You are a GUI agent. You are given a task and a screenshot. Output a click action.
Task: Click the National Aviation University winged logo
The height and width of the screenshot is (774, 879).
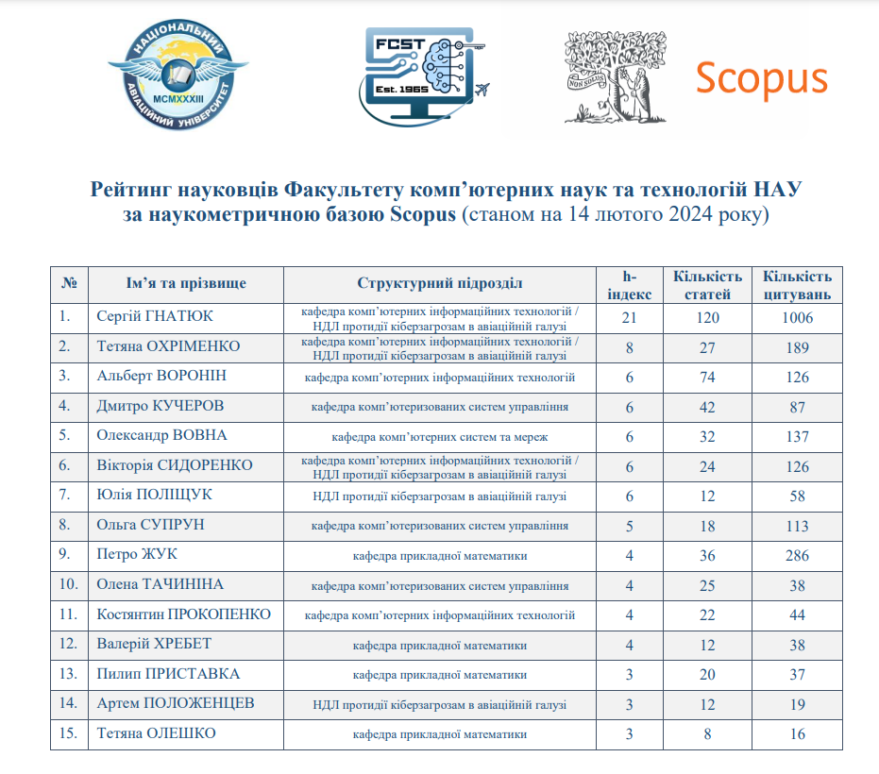[x=177, y=75]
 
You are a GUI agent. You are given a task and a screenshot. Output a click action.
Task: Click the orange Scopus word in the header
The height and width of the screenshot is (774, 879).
[x=761, y=78]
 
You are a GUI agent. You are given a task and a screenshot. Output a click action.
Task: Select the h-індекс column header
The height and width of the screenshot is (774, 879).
[x=622, y=285]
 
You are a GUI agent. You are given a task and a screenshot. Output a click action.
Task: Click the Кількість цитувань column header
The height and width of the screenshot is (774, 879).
[x=797, y=285]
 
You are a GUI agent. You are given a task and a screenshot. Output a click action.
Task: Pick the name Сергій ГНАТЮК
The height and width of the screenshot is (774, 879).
[x=154, y=317]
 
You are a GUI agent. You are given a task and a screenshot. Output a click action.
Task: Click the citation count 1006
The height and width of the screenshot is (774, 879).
[x=797, y=318]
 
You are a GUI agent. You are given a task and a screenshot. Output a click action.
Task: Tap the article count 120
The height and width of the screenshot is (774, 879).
[x=707, y=318]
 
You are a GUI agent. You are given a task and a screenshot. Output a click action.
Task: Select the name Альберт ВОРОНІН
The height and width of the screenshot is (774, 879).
[x=161, y=377]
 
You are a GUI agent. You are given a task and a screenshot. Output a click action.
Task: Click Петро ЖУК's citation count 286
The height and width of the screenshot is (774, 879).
[x=797, y=555]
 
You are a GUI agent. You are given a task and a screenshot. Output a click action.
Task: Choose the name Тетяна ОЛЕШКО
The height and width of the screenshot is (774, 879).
[x=157, y=733]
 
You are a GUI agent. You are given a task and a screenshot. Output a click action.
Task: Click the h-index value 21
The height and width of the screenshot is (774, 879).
[x=630, y=318]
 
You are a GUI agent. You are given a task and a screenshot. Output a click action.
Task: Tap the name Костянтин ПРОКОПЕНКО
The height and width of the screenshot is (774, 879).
[x=184, y=614]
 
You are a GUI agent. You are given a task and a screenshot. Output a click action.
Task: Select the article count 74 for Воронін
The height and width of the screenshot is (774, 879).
[x=707, y=378]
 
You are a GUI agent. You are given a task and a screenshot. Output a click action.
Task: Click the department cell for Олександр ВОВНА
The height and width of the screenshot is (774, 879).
[x=439, y=437]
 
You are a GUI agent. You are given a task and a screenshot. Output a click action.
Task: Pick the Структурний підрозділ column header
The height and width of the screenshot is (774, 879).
[x=439, y=284]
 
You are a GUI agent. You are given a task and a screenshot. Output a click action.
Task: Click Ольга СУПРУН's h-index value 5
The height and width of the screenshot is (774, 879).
[x=629, y=526]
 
